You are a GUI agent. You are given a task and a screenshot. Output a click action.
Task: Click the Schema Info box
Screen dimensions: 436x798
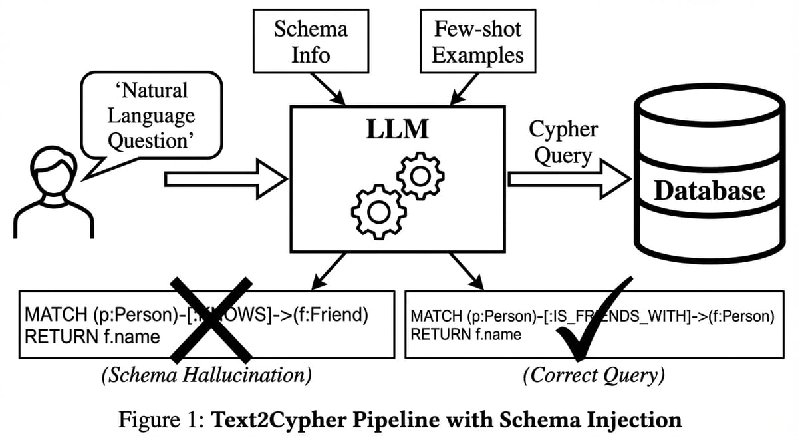311,42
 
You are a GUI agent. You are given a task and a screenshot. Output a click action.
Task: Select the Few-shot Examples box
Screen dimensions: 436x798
477,42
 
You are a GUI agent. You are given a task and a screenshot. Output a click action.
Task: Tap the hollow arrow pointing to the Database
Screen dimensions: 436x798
569,178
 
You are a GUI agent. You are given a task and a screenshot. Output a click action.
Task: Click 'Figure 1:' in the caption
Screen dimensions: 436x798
162,420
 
